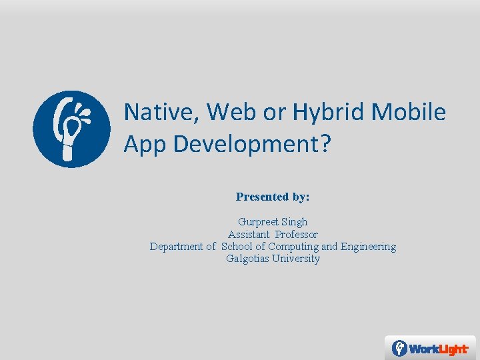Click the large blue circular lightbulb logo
pyautogui.click(x=71, y=129)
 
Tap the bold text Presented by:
pyautogui.click(x=273, y=197)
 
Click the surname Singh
pyautogui.click(x=294, y=222)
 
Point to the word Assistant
pyautogui.click(x=249, y=235)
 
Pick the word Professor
pyautogui.click(x=297, y=235)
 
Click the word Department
pyautogui.click(x=176, y=247)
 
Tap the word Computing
pyautogui.click(x=293, y=247)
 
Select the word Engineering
pyautogui.click(x=368, y=247)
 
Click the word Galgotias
pyautogui.click(x=248, y=259)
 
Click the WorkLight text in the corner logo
pyautogui.click(x=438, y=349)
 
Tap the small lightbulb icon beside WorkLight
pyautogui.click(x=399, y=348)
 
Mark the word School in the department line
pyautogui.click(x=236, y=247)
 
